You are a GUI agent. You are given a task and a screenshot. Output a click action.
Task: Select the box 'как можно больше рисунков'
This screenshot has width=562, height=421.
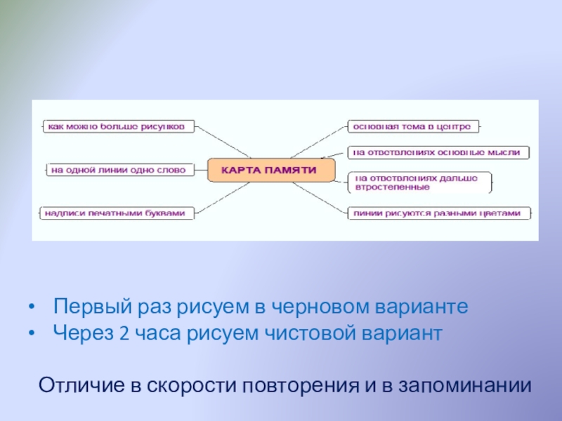pyautogui.click(x=116, y=127)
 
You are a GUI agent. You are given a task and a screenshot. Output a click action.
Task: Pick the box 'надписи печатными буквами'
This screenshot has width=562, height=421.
pyautogui.click(x=116, y=213)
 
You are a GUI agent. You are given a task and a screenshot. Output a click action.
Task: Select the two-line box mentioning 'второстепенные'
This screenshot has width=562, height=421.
pyautogui.click(x=421, y=182)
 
